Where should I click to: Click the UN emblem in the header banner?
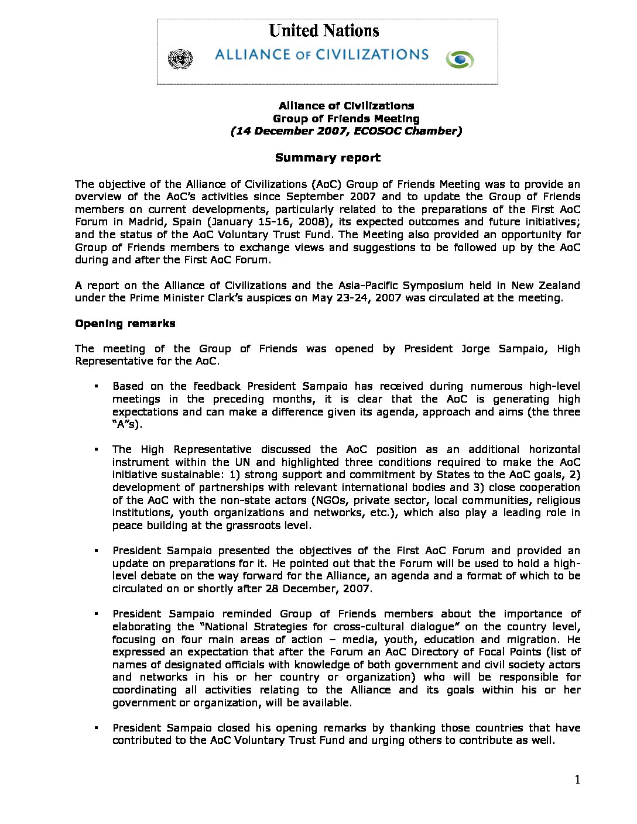pos(180,59)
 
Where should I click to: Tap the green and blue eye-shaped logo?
pos(460,59)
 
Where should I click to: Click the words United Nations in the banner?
pos(324,31)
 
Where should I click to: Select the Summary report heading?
pos(327,157)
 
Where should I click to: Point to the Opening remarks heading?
pos(125,324)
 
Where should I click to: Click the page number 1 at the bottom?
pos(577,780)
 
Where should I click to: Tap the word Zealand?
pos(557,286)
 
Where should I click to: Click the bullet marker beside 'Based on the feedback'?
pos(95,387)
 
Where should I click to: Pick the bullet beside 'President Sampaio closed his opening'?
pos(95,729)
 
